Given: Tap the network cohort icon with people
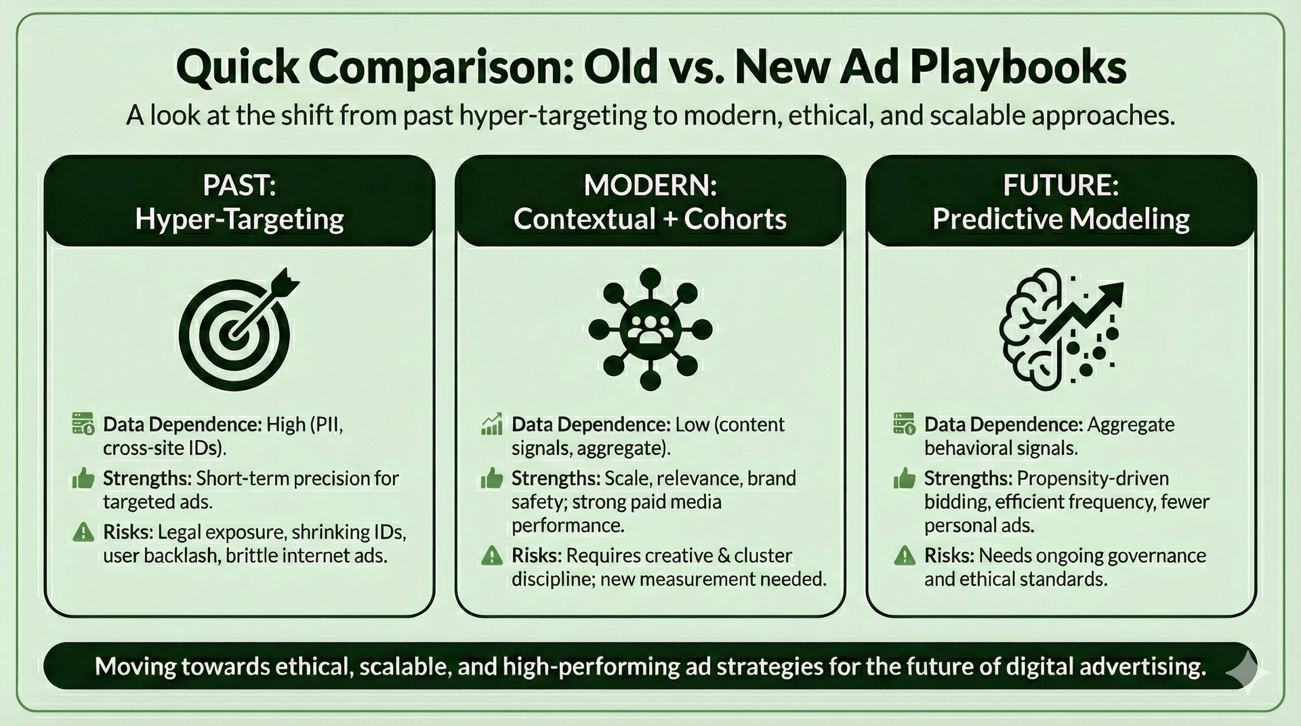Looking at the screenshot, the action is [650, 329].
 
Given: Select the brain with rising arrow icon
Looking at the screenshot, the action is [1060, 328].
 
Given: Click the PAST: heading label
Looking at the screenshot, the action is [239, 185].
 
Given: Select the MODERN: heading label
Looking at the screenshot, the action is [650, 185].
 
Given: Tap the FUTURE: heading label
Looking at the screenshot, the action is [1060, 185].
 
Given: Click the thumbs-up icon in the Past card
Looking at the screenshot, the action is [83, 479].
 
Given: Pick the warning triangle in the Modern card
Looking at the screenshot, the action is [491, 556].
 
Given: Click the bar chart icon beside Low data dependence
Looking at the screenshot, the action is [491, 424].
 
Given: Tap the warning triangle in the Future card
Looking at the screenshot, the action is [905, 556].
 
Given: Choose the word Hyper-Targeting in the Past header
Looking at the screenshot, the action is [239, 219].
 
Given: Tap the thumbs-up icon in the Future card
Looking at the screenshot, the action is [905, 479].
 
